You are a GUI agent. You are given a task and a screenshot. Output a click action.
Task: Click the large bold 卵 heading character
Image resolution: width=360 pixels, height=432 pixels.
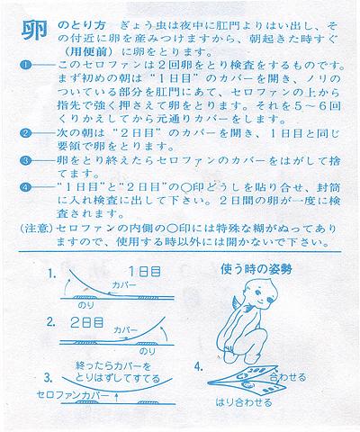point(34,31)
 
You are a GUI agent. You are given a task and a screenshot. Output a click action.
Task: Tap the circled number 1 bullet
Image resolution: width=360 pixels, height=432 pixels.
point(26,65)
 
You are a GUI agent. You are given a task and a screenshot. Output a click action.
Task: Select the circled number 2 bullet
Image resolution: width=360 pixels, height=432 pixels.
point(26,133)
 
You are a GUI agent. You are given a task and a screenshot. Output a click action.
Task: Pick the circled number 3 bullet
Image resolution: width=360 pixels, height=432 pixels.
point(26,160)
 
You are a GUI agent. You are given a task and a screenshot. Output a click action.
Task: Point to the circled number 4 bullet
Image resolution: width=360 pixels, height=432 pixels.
point(26,187)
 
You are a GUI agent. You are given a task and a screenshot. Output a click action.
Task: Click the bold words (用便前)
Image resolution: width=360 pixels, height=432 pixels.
point(88,52)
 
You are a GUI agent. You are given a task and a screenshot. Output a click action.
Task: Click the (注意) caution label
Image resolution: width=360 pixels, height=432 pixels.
point(37,229)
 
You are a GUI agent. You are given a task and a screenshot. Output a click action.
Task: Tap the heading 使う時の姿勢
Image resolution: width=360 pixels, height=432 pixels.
point(256,269)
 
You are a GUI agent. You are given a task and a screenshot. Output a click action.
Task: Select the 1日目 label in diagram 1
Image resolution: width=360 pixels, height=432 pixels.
point(145,272)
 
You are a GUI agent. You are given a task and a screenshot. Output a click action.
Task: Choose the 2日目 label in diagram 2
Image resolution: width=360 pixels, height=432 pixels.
point(87,322)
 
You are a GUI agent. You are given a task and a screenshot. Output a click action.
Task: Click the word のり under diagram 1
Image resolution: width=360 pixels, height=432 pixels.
point(85,305)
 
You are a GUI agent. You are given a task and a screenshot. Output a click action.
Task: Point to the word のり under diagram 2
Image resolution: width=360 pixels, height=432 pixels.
point(148,351)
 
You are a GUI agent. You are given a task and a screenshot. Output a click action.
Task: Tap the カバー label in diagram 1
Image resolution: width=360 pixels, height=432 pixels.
point(124,285)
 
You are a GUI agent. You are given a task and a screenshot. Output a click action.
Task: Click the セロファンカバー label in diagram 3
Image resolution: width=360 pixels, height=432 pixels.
point(73,395)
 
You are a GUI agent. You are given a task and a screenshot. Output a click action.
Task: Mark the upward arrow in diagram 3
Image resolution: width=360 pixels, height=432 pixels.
point(117,398)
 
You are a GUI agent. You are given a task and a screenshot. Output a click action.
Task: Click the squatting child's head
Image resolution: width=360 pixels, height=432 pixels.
point(260,293)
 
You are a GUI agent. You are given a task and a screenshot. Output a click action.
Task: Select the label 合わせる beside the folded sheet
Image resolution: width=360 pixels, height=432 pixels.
point(288,377)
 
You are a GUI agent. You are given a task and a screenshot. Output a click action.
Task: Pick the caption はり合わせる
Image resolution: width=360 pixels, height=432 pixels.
point(244,402)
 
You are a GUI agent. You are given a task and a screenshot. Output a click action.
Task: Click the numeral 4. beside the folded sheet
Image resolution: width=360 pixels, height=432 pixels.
point(199,367)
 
